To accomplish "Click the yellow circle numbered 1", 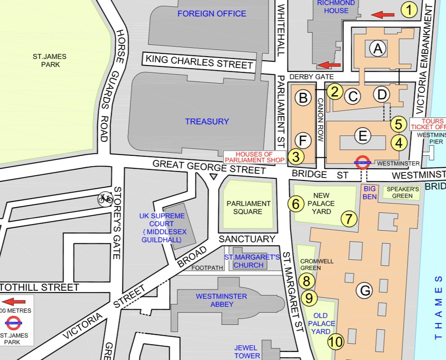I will (409, 9).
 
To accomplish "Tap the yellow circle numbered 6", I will (296, 204).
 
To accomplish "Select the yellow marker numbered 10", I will (336, 342).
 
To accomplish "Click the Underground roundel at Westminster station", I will (362, 163).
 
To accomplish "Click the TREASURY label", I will (207, 122).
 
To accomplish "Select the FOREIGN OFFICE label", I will (212, 14).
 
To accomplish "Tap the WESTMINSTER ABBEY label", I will (221, 300).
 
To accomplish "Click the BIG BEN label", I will (370, 193).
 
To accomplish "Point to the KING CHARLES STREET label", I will (199, 62).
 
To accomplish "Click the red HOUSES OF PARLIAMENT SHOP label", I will (254, 157).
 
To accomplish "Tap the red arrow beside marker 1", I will (383, 15).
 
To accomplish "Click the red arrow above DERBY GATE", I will (329, 65).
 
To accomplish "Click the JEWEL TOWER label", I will (247, 352).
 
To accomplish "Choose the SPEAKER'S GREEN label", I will (402, 192).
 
